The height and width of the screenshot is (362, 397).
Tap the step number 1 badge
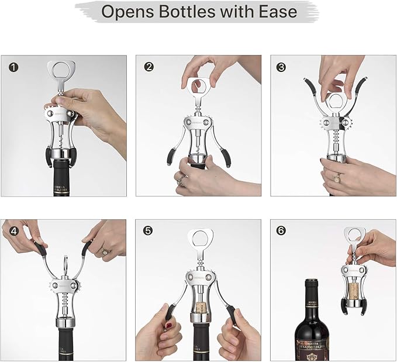coord(12,67)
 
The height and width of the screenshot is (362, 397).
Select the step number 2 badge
coord(149,67)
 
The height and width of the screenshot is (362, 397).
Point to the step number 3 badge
coord(283,67)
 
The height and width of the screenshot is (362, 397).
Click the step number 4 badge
coord(12,231)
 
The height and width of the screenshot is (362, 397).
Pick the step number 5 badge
coord(149,231)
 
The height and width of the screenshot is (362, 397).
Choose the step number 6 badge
coord(283,231)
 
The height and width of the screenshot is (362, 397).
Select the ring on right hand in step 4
coord(105,251)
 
